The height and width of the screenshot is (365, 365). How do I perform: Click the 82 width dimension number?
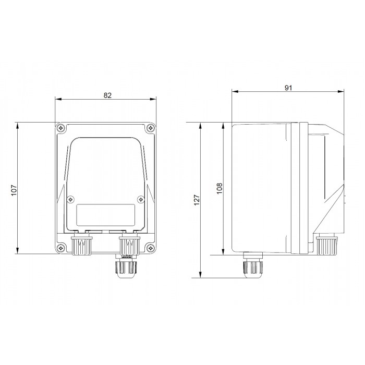click(107, 95)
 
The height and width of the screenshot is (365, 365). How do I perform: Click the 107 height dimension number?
click(14, 190)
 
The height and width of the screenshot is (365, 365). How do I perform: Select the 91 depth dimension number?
click(288, 88)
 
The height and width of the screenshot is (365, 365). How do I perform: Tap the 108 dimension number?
click(220, 188)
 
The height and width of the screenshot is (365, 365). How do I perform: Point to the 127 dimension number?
click(197, 200)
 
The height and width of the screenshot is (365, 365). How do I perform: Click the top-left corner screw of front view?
click(60, 128)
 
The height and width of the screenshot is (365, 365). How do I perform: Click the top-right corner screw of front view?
click(151, 128)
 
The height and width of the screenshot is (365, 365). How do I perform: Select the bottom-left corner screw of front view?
click(60, 248)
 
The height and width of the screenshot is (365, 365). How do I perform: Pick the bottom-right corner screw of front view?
click(151, 248)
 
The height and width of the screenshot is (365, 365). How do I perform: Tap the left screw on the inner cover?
click(70, 200)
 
